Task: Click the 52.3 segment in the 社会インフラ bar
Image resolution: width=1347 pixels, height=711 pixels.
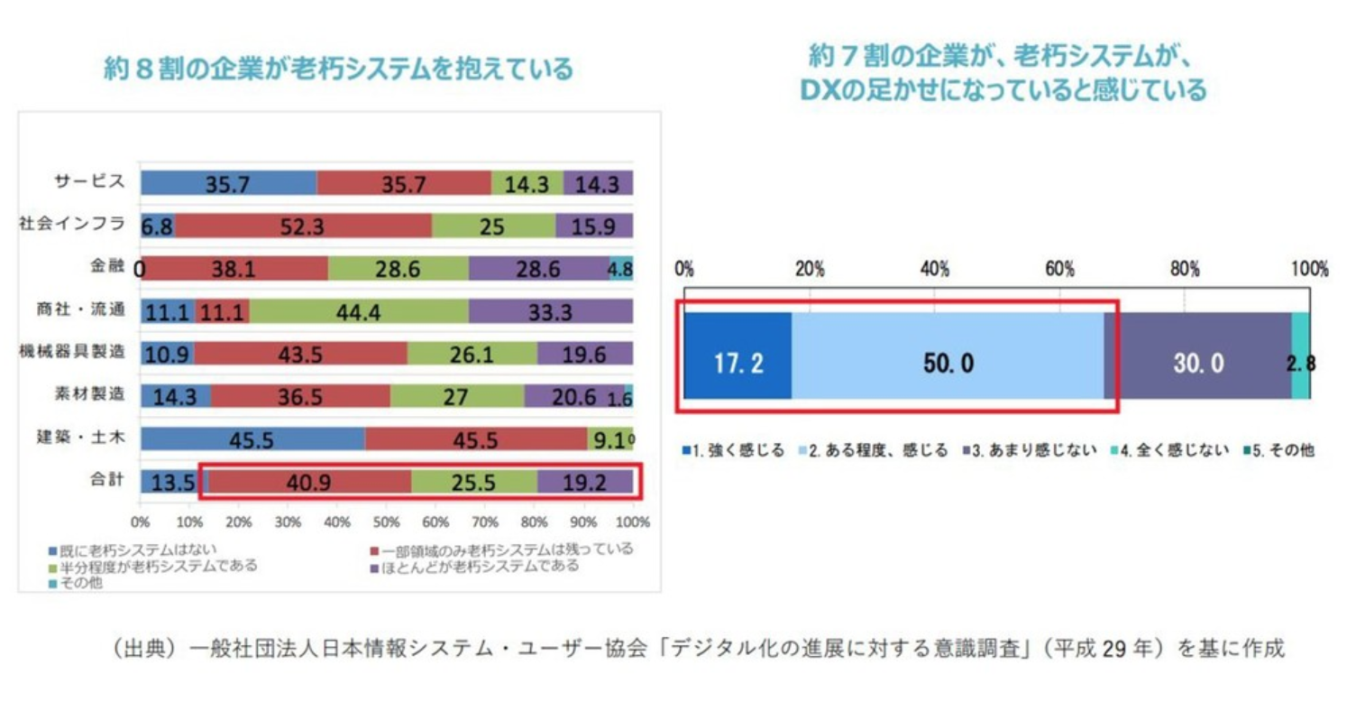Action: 303,226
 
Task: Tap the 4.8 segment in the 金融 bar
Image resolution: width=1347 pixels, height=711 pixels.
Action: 620,268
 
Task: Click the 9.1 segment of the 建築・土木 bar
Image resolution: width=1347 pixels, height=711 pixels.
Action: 609,439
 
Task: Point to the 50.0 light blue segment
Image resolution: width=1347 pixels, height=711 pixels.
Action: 948,363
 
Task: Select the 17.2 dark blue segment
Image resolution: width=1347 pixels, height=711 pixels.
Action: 738,363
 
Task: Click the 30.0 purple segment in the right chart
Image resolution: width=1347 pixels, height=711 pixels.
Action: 1198,363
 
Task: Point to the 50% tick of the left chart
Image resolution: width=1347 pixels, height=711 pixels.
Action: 386,522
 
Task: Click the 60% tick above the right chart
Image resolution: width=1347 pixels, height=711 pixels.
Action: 1059,269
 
